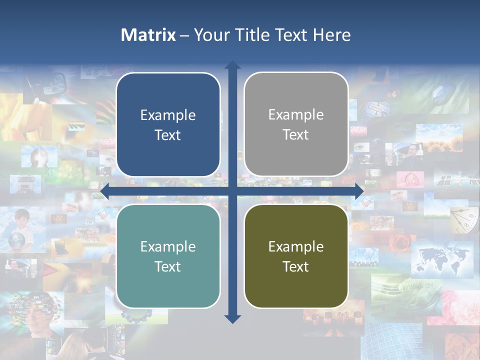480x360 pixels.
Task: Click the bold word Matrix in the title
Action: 148,35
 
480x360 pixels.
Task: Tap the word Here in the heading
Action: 332,35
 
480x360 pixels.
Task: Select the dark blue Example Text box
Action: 168,124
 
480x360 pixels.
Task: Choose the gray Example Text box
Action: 296,124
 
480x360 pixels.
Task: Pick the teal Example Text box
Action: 168,256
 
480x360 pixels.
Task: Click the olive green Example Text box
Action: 296,256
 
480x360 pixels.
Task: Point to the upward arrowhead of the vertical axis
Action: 232,65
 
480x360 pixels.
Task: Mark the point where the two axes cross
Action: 232,191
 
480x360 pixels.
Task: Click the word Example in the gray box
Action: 296,114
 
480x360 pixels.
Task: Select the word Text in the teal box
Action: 168,266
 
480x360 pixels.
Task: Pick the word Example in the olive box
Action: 296,246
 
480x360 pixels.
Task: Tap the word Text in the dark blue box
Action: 168,135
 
